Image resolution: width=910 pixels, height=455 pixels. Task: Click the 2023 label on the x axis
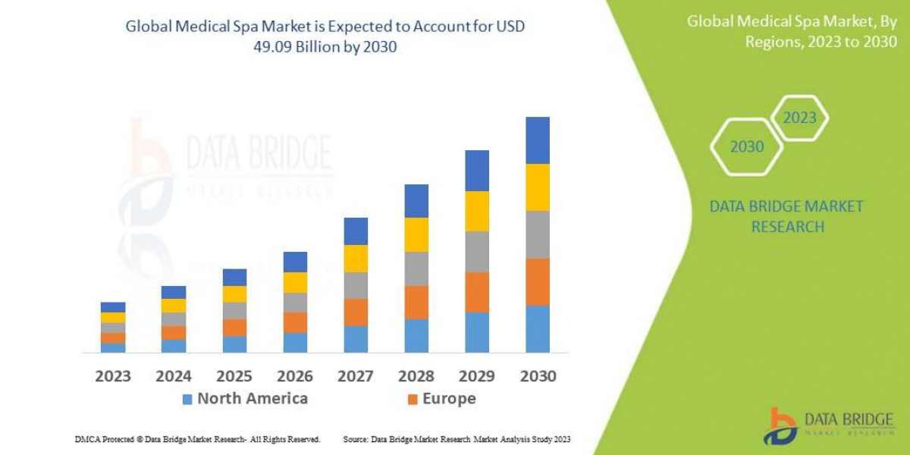pos(112,376)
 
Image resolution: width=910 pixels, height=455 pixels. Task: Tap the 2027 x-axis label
pos(355,376)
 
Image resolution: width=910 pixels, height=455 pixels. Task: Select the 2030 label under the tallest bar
pos(537,376)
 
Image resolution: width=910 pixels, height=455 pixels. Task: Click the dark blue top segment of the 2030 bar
pos(537,140)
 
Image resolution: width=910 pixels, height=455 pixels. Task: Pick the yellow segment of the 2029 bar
pos(476,211)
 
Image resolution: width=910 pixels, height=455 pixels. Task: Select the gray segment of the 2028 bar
pos(416,268)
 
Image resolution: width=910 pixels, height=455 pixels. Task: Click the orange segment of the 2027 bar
pos(355,312)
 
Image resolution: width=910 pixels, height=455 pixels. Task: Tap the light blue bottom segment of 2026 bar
pos(294,343)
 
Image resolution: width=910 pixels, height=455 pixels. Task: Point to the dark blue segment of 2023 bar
pos(112,307)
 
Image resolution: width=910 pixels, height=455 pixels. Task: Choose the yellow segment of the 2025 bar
pos(234,293)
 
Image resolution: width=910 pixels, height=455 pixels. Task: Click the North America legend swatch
pos(187,399)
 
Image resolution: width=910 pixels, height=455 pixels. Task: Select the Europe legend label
pos(449,399)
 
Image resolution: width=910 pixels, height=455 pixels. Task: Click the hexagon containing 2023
pos(799,118)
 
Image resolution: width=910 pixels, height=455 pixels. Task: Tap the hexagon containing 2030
pos(747,147)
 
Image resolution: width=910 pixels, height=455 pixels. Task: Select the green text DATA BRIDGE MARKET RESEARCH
pos(786,216)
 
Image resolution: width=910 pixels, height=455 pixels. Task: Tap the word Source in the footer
pos(356,439)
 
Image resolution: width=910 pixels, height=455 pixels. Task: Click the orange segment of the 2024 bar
pos(173,332)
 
